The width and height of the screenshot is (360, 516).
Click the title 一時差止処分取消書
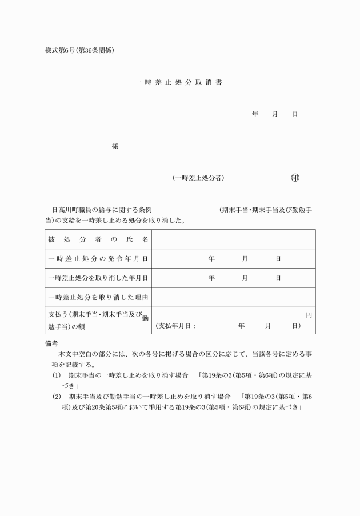pyautogui.click(x=178, y=82)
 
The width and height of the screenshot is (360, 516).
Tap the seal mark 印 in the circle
pyautogui.click(x=295, y=178)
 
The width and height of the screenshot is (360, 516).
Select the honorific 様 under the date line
pyautogui.click(x=115, y=146)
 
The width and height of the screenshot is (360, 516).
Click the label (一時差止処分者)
pyautogui.click(x=198, y=178)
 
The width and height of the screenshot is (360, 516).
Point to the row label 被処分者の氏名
pyautogui.click(x=98, y=239)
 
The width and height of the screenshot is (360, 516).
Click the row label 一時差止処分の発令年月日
pyautogui.click(x=98, y=259)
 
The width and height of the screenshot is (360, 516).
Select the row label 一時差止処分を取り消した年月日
pyautogui.click(x=98, y=278)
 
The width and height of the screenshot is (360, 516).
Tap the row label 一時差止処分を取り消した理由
pyautogui.click(x=98, y=298)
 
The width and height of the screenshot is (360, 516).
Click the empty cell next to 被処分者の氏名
pyautogui.click(x=234, y=239)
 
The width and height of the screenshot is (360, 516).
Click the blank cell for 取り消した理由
pyautogui.click(x=234, y=298)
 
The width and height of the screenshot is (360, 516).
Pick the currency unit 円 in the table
pyautogui.click(x=309, y=315)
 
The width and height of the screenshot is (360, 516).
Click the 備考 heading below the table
pyautogui.click(x=51, y=344)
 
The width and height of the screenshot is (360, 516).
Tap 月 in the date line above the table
pyautogui.click(x=275, y=114)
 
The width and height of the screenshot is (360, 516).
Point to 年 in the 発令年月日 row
pyautogui.click(x=211, y=259)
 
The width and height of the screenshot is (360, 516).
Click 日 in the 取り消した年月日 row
pyautogui.click(x=278, y=278)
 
